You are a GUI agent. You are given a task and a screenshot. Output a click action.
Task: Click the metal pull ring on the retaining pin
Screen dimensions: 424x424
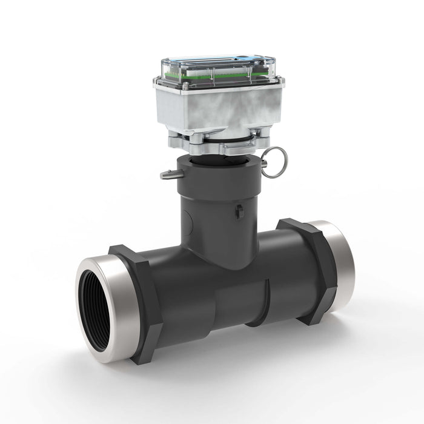click(275, 162)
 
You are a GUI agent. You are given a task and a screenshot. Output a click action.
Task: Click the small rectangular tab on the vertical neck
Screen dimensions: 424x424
click(239, 211)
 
